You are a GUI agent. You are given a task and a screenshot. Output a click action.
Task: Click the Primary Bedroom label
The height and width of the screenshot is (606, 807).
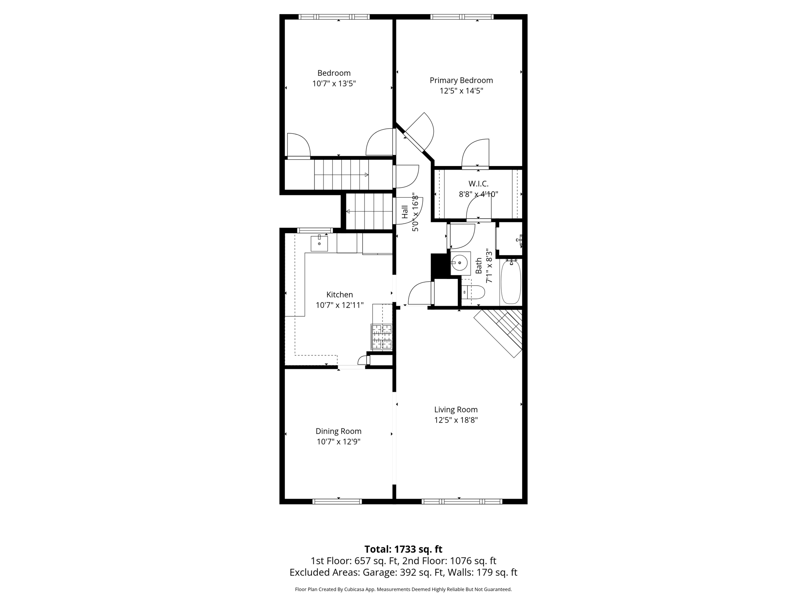(461, 80)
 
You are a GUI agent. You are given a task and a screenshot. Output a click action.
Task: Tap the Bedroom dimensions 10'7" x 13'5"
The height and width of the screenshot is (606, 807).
(334, 84)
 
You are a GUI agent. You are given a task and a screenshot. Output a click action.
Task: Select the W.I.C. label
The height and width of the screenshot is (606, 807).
(478, 184)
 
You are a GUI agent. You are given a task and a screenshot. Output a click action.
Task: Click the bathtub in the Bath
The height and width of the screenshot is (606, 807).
(511, 282)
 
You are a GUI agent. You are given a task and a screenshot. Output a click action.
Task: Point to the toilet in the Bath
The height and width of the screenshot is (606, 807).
(474, 292)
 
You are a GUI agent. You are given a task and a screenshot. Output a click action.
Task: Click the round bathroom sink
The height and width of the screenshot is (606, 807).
(459, 262)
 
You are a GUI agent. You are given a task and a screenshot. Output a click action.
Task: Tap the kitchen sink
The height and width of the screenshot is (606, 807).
(319, 243)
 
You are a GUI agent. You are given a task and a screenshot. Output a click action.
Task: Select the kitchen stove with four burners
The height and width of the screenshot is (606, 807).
(381, 337)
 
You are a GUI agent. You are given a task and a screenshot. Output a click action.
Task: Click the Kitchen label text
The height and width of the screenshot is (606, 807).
(339, 295)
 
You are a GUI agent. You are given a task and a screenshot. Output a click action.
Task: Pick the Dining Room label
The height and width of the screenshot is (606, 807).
(338, 431)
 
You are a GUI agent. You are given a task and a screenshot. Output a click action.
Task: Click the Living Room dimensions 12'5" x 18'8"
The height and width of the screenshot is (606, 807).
(456, 420)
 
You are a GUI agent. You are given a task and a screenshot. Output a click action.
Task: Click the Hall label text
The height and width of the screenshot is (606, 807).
(405, 212)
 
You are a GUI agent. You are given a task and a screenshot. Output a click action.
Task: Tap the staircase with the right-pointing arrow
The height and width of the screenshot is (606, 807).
(341, 174)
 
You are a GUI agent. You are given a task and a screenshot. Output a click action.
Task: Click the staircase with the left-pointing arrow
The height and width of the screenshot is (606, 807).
(369, 211)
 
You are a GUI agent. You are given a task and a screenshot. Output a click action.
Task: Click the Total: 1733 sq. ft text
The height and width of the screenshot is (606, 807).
(403, 549)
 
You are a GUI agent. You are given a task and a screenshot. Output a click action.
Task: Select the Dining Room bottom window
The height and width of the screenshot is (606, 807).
(337, 501)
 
